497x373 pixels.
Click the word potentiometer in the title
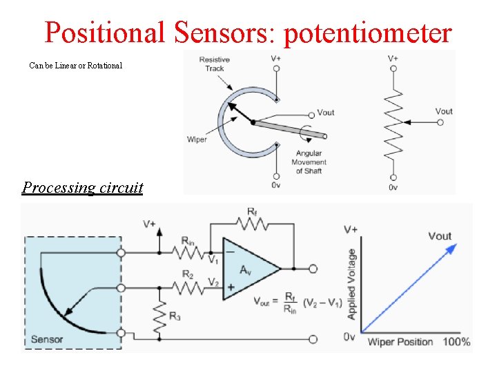click(x=368, y=32)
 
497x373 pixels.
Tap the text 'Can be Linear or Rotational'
click(x=76, y=66)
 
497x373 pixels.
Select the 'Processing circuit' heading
click(x=82, y=187)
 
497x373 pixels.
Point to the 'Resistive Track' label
click(x=214, y=64)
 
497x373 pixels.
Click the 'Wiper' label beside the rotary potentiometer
click(x=197, y=140)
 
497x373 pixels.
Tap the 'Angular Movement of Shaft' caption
click(x=309, y=162)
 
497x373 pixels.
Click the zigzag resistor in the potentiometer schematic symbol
click(x=393, y=123)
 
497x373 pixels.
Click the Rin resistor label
click(x=187, y=240)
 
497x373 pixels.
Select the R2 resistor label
click(x=188, y=274)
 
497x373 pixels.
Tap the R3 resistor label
click(x=176, y=317)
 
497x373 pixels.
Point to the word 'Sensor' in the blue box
click(x=47, y=340)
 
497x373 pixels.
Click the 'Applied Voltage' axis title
click(x=351, y=284)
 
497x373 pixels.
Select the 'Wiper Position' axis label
click(x=400, y=342)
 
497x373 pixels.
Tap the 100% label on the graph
click(x=456, y=342)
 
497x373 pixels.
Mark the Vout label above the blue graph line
click(x=440, y=236)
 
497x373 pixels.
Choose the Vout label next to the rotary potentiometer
click(x=325, y=113)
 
